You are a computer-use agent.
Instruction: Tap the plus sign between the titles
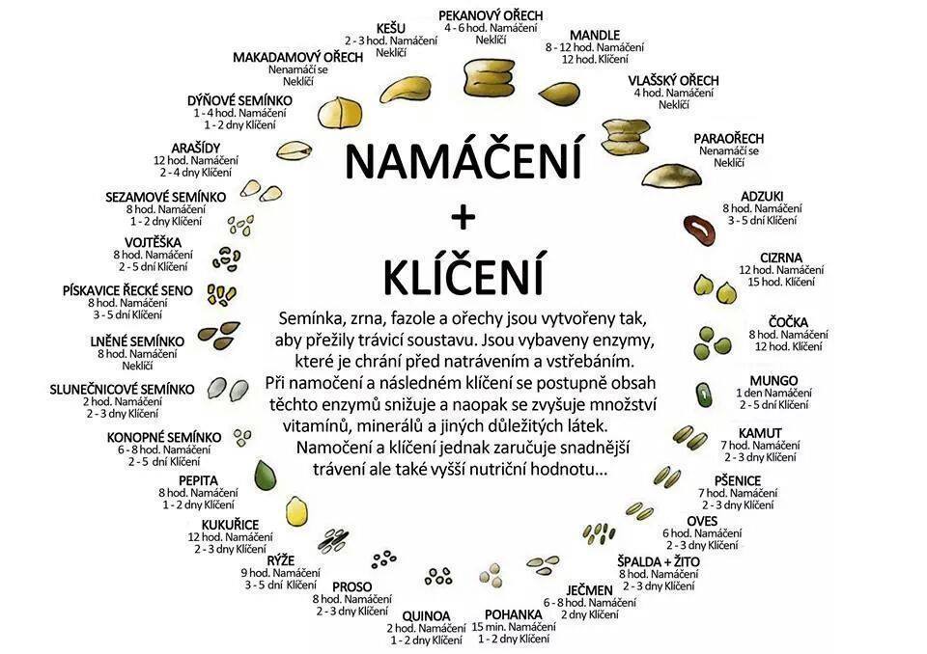(463, 218)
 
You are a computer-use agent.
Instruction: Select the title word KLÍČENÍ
(463, 274)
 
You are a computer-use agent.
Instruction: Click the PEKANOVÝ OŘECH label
(491, 15)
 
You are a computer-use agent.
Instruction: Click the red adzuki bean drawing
(700, 230)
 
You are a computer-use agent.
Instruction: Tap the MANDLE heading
(595, 35)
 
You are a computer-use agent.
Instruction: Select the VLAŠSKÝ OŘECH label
(673, 80)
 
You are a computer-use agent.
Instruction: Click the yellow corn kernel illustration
(296, 510)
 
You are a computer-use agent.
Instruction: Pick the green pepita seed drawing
(266, 475)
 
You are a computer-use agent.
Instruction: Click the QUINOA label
(426, 616)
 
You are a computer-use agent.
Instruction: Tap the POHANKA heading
(513, 614)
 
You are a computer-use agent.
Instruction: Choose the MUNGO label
(773, 380)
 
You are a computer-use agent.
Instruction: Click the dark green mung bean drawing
(704, 395)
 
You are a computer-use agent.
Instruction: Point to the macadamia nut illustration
(340, 112)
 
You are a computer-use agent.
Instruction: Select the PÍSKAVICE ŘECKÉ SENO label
(127, 290)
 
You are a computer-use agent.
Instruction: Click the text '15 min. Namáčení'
(514, 627)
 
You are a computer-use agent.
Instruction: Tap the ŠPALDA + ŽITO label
(659, 561)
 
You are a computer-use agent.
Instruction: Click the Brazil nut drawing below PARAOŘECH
(673, 176)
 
